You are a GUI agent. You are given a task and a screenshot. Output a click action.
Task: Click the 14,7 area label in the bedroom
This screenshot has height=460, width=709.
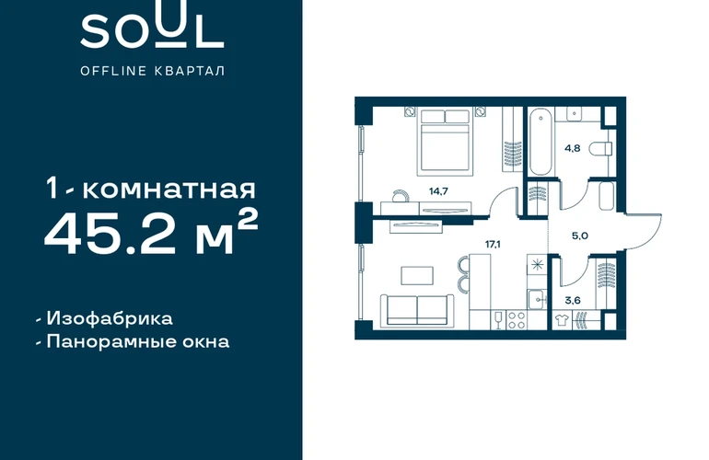(x=438, y=191)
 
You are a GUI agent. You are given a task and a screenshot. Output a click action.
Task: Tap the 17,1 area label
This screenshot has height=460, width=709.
(x=493, y=245)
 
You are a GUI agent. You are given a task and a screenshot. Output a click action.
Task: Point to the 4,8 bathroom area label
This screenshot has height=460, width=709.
(x=572, y=148)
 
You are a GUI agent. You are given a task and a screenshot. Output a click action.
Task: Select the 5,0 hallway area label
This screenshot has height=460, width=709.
(x=580, y=236)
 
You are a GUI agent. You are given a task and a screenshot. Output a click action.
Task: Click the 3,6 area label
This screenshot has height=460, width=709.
(x=573, y=300)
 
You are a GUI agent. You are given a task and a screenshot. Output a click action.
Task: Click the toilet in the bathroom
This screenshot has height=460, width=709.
(x=602, y=148)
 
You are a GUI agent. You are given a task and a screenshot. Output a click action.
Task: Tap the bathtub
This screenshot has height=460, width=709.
(x=540, y=141)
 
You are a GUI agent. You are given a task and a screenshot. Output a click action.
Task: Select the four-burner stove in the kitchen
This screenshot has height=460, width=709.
(x=517, y=320)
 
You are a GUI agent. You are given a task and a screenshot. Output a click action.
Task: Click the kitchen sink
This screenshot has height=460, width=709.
(x=537, y=299)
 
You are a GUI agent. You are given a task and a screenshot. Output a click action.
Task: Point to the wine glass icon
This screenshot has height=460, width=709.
(x=499, y=320)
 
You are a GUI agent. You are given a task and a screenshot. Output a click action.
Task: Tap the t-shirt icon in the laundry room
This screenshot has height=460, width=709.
(x=562, y=319)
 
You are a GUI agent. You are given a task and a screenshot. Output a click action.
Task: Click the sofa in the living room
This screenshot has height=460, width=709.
(x=416, y=310)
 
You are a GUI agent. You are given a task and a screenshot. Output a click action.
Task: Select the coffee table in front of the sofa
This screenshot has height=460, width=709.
(x=417, y=276)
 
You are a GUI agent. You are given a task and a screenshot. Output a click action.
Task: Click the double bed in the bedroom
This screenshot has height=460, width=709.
(x=445, y=141)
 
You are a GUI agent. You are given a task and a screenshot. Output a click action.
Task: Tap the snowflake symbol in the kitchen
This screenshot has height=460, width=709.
(x=537, y=265)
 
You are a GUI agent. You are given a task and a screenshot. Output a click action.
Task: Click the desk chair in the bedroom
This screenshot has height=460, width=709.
(x=401, y=195)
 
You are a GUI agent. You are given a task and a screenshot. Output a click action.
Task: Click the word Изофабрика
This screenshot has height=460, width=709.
(x=110, y=318)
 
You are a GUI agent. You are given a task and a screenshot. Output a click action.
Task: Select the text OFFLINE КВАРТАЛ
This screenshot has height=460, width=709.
(x=152, y=71)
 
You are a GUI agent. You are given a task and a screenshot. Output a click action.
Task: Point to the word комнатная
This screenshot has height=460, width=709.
(x=169, y=190)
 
